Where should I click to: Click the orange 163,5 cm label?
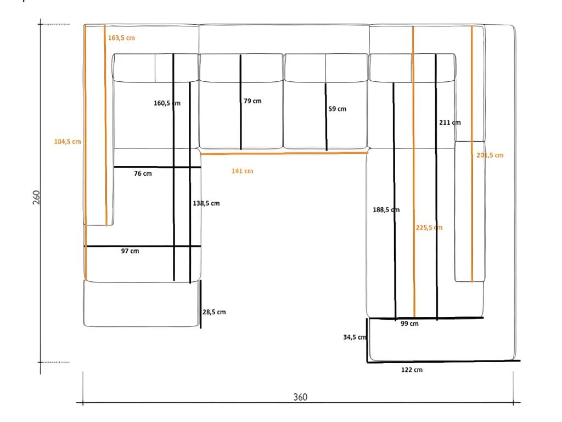click(121, 38)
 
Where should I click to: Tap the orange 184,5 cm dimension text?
click(68, 141)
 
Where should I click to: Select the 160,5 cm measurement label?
click(167, 103)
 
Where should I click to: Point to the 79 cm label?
click(252, 101)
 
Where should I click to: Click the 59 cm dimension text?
click(338, 109)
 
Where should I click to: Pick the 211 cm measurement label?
click(450, 123)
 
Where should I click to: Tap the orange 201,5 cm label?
click(490, 155)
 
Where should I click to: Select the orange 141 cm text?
click(242, 171)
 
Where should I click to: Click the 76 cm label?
click(143, 174)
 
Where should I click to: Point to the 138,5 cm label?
click(206, 203)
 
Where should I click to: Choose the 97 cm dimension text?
click(130, 251)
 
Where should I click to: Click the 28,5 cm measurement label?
click(214, 312)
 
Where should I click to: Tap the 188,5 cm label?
click(386, 209)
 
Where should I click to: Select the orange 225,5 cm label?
click(429, 227)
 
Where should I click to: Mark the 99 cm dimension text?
click(409, 324)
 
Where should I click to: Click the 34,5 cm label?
click(355, 337)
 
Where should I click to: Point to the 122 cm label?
click(412, 370)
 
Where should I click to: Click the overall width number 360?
click(300, 397)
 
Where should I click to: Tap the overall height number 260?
click(37, 197)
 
